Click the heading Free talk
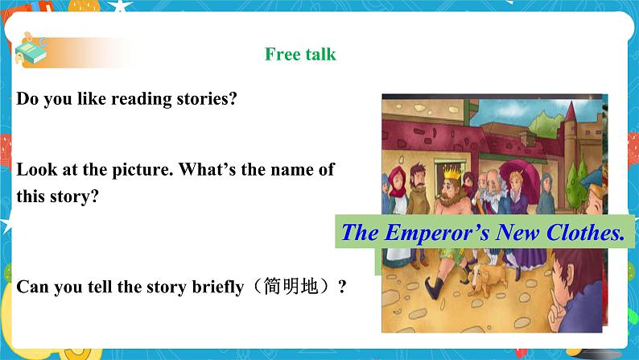click(300, 55)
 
